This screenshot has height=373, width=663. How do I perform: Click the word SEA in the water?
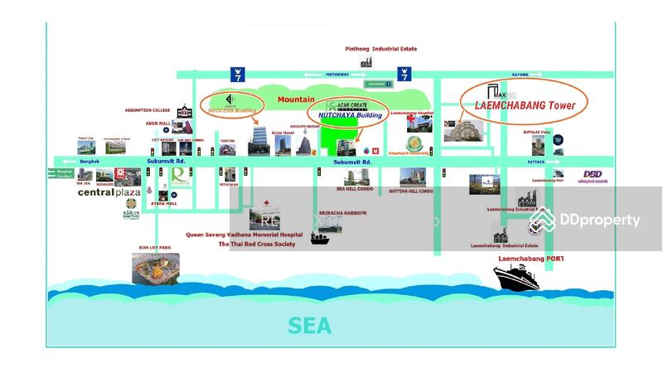pyautogui.click(x=310, y=326)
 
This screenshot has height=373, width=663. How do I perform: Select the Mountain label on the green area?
pyautogui.click(x=296, y=99)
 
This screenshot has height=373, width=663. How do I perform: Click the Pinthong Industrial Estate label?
pyautogui.click(x=381, y=49)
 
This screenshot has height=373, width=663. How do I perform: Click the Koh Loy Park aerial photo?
pyautogui.click(x=156, y=267)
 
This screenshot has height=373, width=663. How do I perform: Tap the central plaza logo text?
pyautogui.click(x=109, y=192)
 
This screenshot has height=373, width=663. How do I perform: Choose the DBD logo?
pyautogui.click(x=593, y=174)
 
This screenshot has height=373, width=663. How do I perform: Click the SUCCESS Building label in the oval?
pyautogui.click(x=232, y=109)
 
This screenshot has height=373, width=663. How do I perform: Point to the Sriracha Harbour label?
pyautogui.click(x=342, y=213)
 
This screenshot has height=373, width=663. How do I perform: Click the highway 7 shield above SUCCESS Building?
pyautogui.click(x=237, y=72)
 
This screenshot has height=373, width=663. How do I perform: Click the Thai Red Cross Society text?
pyautogui.click(x=256, y=245)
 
